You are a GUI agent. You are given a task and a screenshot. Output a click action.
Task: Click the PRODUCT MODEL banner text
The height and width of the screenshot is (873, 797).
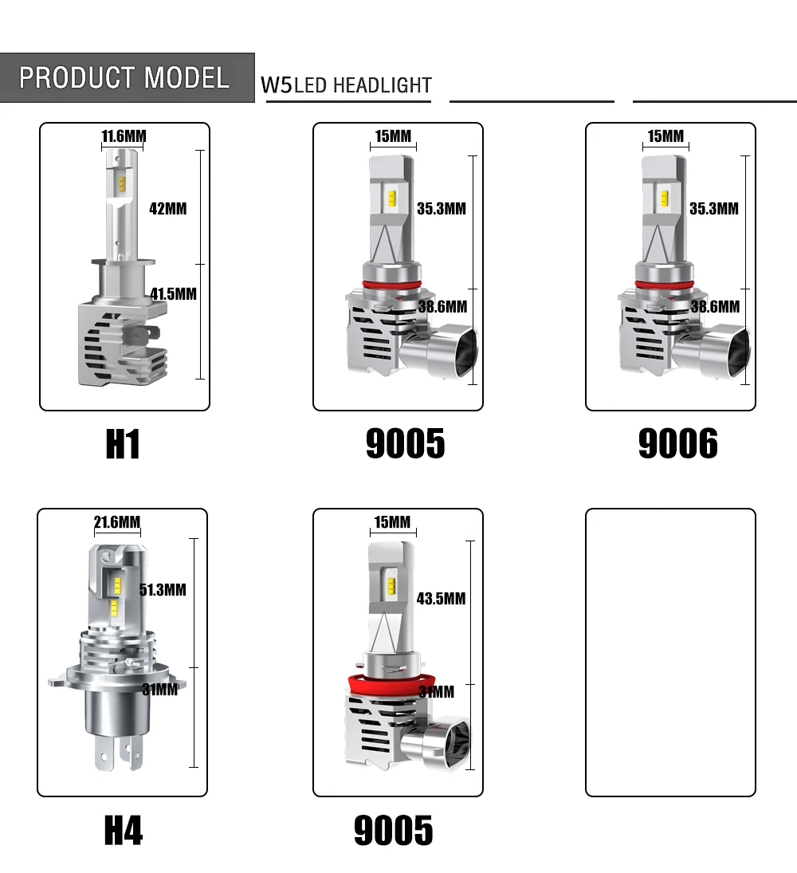(x=124, y=77)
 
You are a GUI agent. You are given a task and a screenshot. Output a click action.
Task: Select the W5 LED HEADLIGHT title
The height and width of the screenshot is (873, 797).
(x=346, y=85)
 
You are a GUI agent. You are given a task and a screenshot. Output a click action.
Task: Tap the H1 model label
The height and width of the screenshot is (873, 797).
(x=123, y=444)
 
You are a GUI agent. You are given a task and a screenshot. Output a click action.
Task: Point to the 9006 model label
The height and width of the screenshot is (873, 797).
(x=678, y=444)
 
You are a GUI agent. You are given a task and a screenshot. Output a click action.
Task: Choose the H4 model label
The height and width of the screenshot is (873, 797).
(x=124, y=830)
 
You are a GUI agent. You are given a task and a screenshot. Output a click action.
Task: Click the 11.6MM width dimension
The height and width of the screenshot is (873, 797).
(x=124, y=136)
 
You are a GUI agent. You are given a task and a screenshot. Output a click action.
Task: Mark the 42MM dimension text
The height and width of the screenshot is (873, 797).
(x=168, y=209)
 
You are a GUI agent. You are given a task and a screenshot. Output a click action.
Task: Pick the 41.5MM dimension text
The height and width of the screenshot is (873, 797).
(x=174, y=294)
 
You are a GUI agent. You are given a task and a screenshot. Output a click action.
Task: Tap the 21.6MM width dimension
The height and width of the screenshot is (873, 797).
(x=117, y=521)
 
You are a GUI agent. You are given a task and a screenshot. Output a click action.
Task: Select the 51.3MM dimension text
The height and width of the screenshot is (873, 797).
(x=163, y=590)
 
